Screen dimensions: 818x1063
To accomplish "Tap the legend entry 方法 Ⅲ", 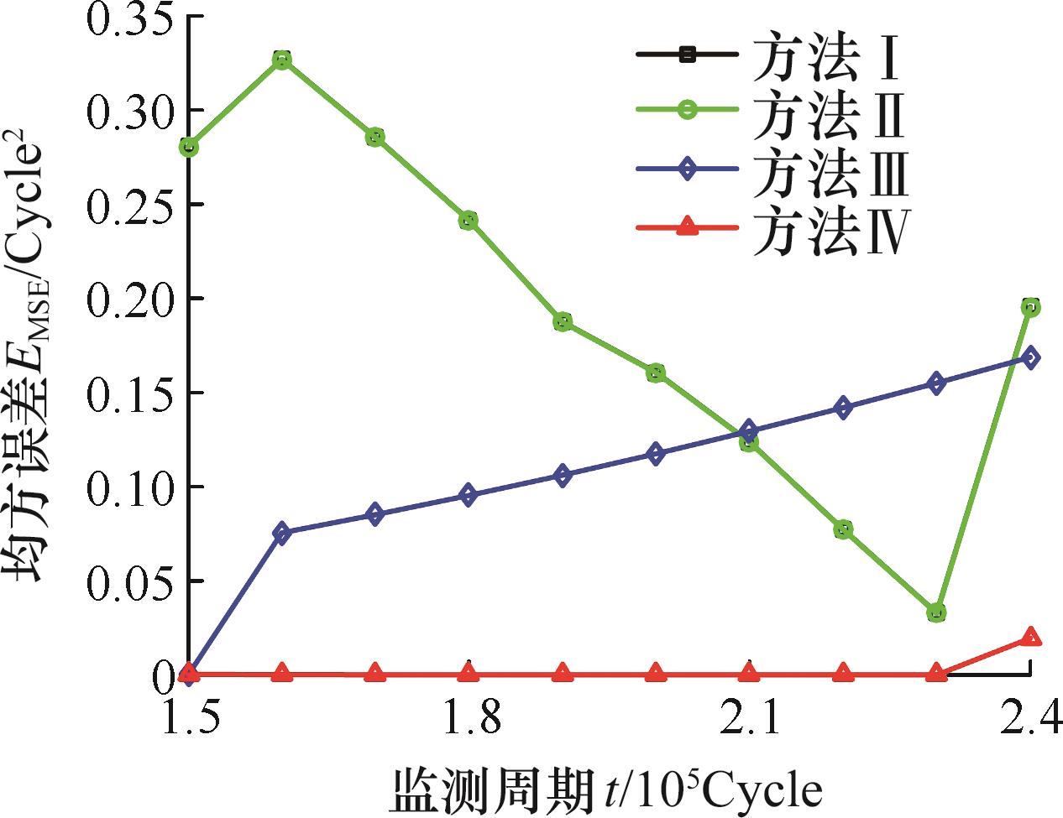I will [x=827, y=168].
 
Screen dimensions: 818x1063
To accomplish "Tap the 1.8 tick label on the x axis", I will [x=469, y=718].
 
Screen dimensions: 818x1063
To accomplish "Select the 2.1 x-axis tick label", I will [x=749, y=718].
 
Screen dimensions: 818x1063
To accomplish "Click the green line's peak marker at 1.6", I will [x=282, y=60].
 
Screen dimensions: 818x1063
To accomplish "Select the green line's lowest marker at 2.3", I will [x=936, y=612].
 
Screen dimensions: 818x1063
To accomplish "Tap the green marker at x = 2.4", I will [x=1030, y=307].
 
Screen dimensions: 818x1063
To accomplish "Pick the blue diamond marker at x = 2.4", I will [x=1030, y=357].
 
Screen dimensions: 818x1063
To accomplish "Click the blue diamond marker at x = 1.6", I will [x=282, y=533].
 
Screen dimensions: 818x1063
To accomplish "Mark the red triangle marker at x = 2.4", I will [x=1030, y=637].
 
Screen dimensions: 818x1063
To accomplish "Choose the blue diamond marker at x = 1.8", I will [x=469, y=495].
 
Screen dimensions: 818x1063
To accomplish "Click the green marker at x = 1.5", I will [x=189, y=147].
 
